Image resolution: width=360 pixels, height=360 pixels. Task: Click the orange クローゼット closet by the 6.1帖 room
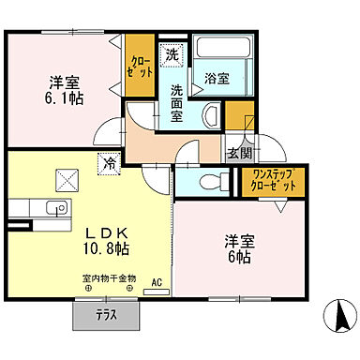140,65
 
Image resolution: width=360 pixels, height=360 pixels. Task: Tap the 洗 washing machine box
170,56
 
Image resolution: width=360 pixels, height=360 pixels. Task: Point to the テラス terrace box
105,315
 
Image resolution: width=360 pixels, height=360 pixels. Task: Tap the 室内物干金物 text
109,277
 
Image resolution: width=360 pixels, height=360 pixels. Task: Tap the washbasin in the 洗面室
210,115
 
